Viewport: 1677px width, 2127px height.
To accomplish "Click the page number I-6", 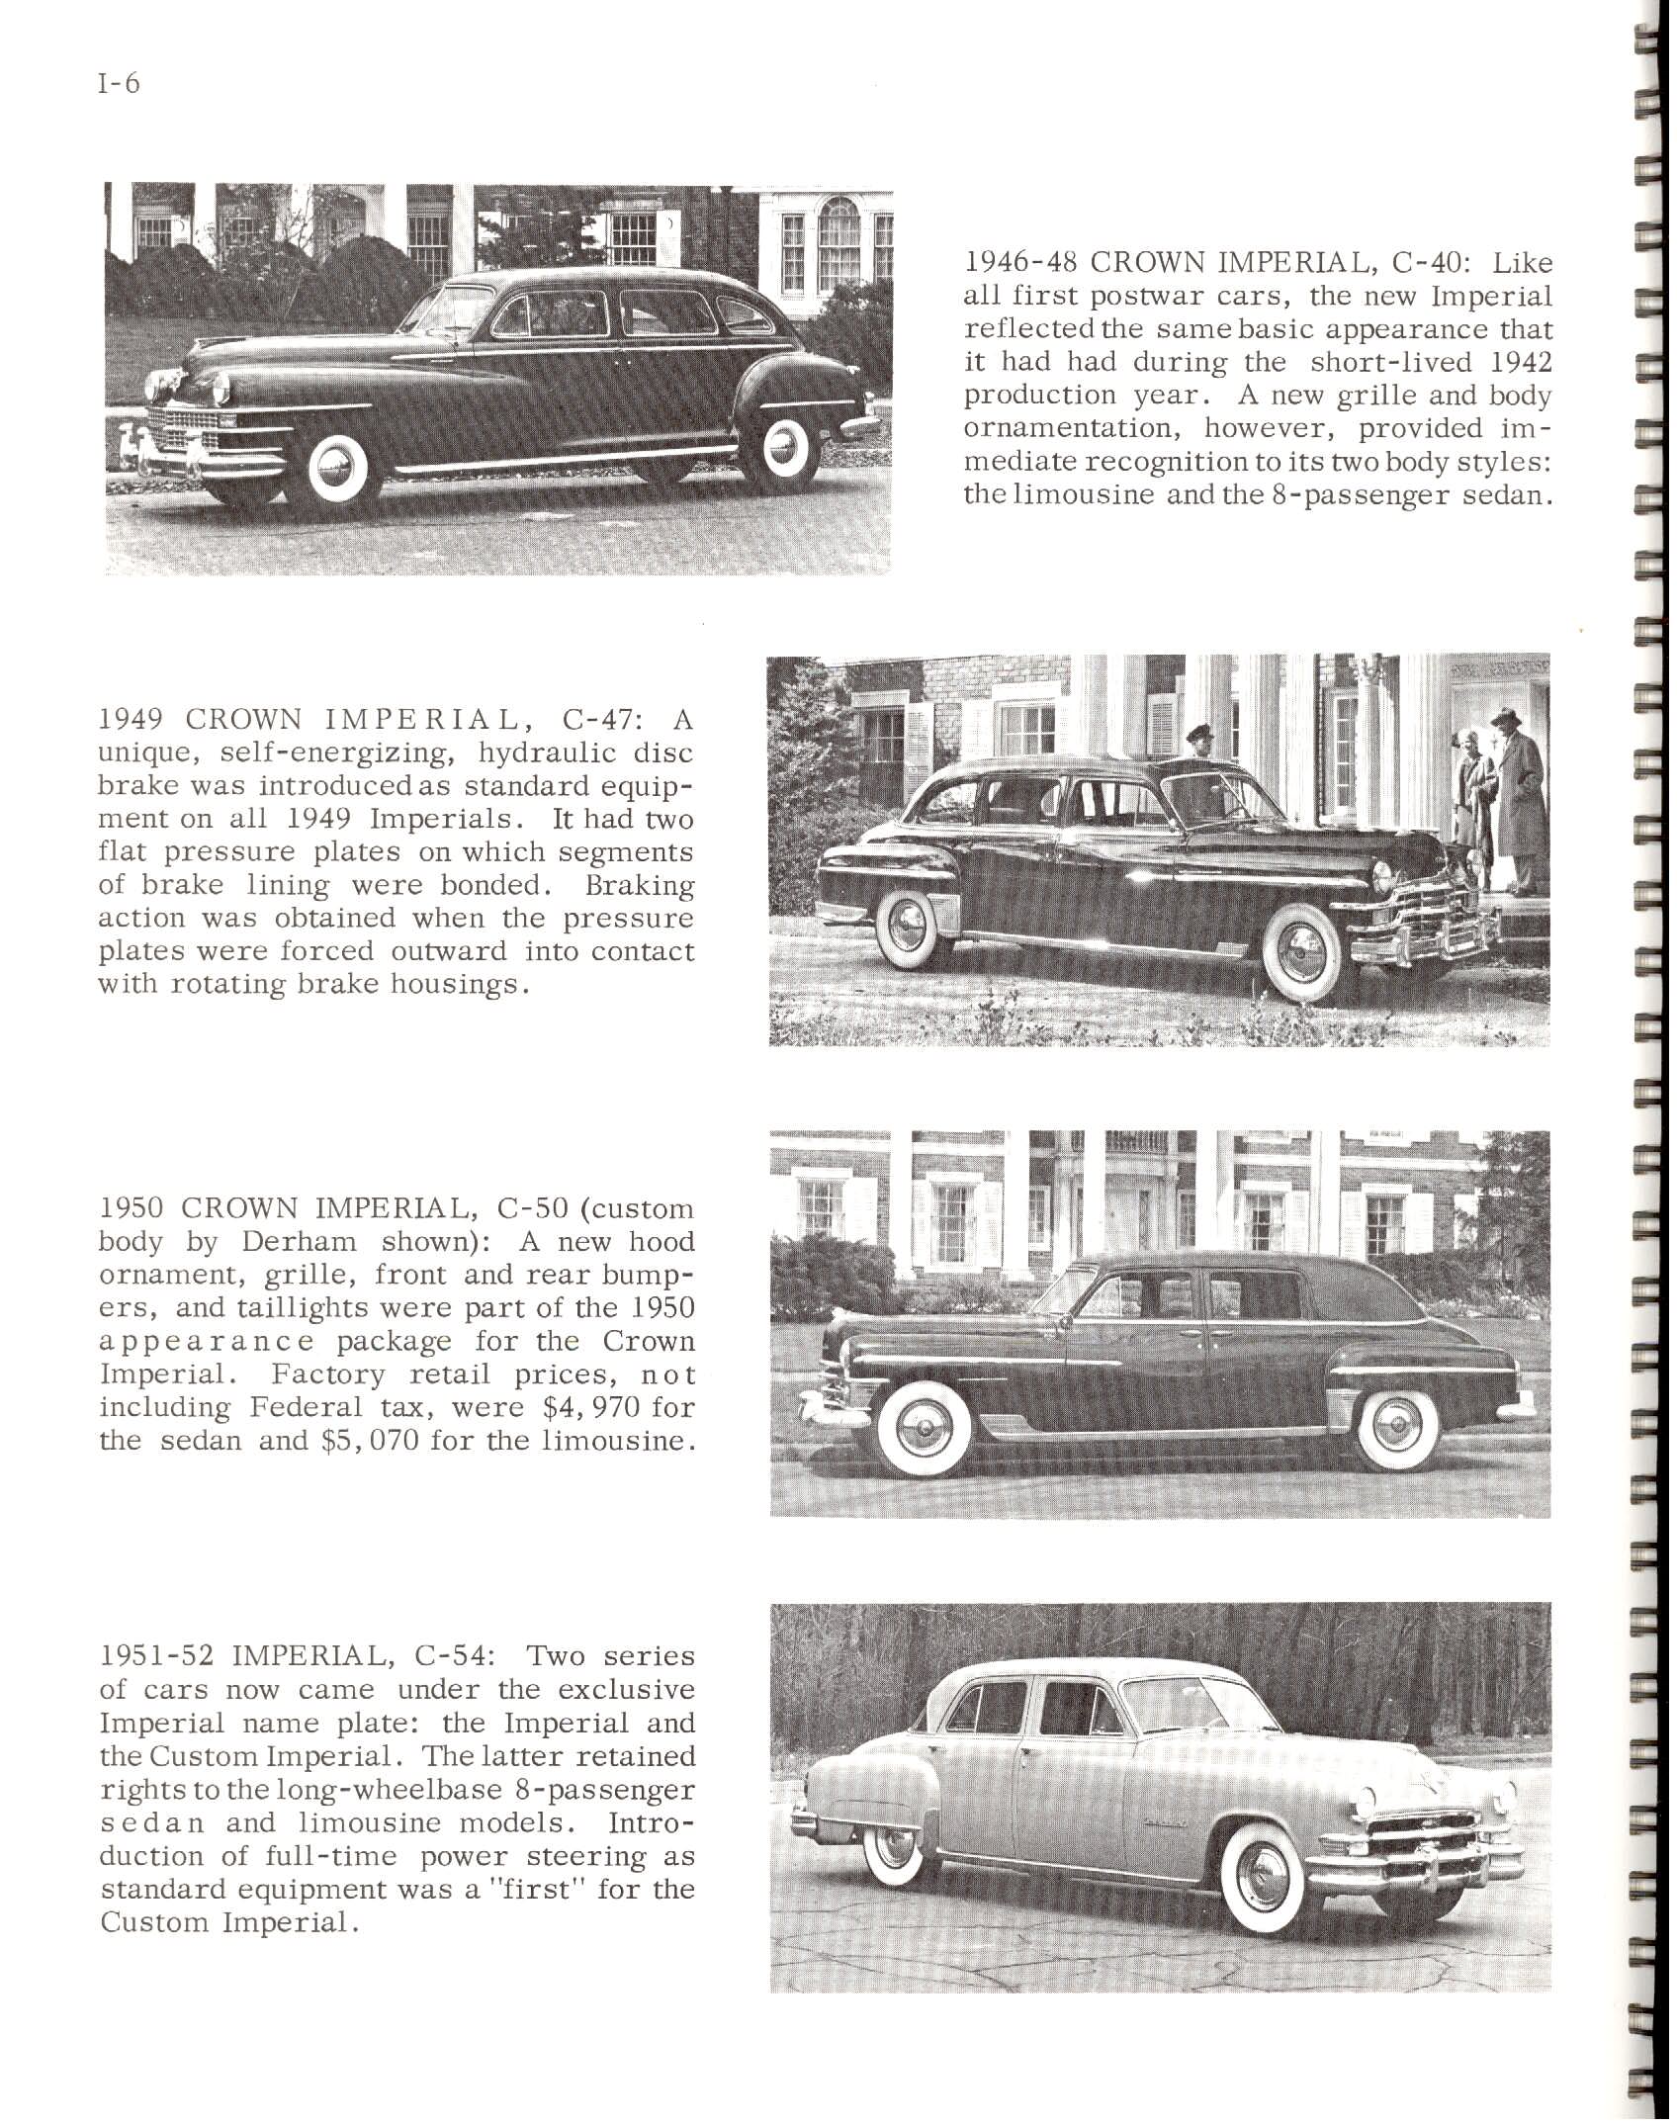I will pyautogui.click(x=119, y=85).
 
